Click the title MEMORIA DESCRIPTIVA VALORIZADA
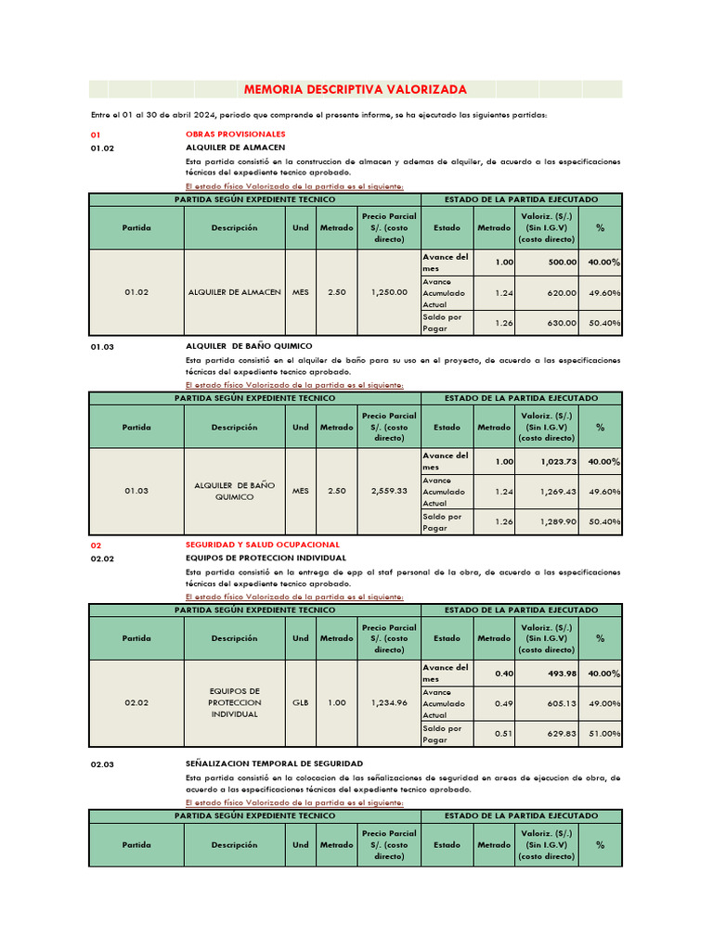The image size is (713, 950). point(355,90)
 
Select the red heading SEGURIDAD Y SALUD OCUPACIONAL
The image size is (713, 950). point(263,545)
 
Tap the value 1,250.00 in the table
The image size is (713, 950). point(389,292)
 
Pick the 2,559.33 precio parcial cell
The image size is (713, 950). point(389,491)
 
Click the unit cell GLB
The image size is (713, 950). point(301,703)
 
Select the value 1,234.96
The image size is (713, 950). point(389,703)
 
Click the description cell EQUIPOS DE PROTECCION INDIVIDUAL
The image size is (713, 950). point(235,703)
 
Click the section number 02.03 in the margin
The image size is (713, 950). point(103,764)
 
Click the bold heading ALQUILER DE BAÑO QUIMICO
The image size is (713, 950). point(249,346)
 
